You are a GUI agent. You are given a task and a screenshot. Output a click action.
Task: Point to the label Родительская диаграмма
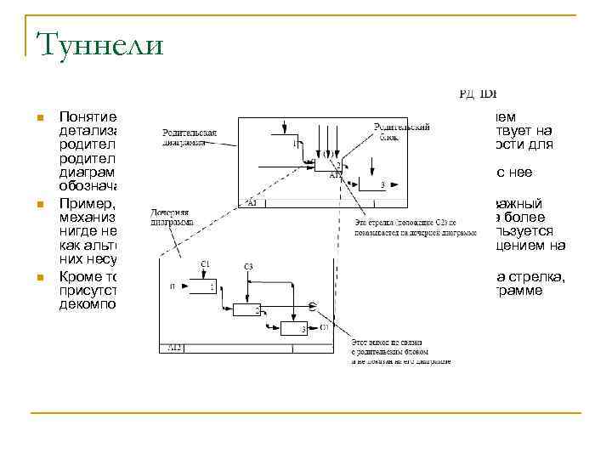pyautogui.click(x=188, y=139)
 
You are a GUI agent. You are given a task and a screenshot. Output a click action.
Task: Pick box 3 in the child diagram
pyautogui.click(x=292, y=329)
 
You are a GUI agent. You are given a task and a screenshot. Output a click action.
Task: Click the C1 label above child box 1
pyautogui.click(x=204, y=265)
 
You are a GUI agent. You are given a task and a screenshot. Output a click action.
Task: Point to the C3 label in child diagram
pyautogui.click(x=248, y=267)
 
